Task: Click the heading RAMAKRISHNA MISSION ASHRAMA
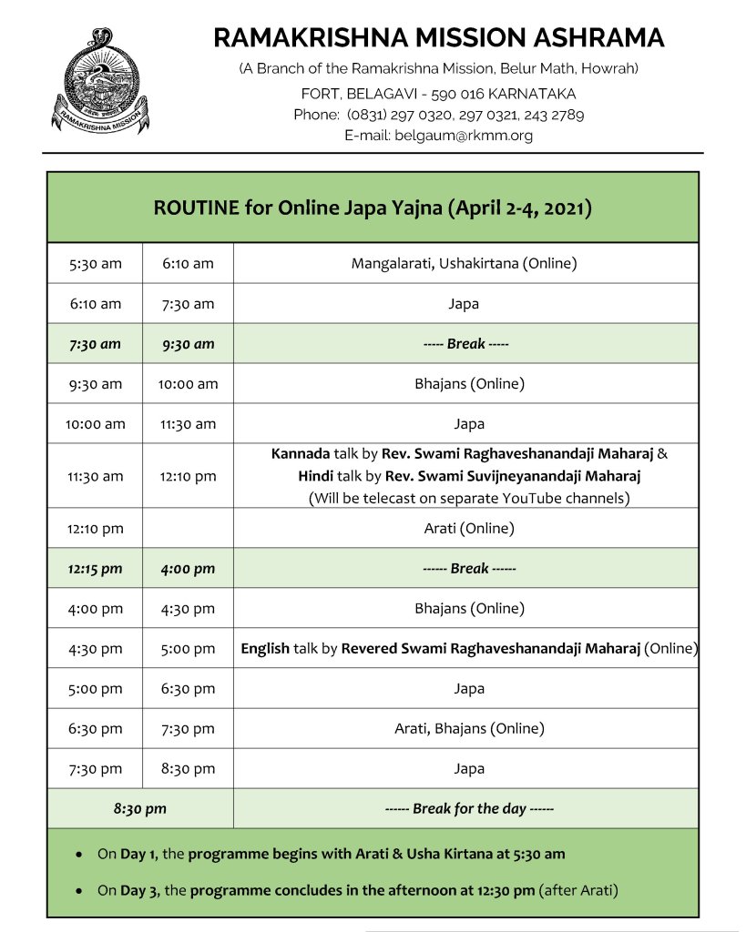coord(439,38)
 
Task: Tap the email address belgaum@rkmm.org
coord(464,135)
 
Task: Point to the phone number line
coord(438,115)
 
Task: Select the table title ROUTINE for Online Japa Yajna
coord(373,208)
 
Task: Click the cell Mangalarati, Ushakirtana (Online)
coord(465,264)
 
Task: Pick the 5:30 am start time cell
coord(95,264)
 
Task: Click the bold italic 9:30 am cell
coord(188,344)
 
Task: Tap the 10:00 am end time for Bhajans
coord(188,384)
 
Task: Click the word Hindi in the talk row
coord(315,476)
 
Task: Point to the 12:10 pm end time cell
coord(188,476)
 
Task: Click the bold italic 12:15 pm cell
coord(95,569)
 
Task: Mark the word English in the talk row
coord(265,649)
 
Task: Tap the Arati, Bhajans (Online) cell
coord(469,729)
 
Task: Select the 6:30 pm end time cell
coord(188,689)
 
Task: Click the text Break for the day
coord(469,809)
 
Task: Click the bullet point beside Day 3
coord(81,891)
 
